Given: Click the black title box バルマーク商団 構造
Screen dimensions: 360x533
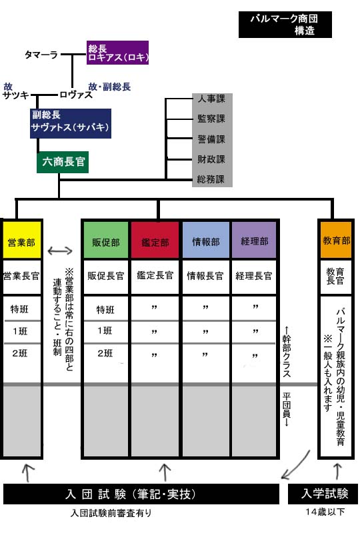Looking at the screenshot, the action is [285, 25].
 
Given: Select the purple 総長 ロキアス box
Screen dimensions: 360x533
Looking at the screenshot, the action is [117, 53].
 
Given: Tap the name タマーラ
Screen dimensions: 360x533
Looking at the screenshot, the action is [41, 55].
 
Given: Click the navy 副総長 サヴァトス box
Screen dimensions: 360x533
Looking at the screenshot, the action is [71, 123].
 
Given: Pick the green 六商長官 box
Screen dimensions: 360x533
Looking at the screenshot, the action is [63, 162].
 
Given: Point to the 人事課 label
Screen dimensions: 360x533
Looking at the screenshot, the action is [211, 99].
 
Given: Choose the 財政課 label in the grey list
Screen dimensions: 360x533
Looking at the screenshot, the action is [211, 159].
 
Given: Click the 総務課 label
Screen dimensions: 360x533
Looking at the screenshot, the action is [211, 179].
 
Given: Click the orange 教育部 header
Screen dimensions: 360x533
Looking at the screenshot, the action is [336, 240].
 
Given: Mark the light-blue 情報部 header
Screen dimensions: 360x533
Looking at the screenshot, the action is [206, 241].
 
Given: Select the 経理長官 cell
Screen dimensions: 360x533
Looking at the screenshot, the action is [254, 276].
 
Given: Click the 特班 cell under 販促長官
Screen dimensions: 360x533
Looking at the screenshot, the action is [105, 309].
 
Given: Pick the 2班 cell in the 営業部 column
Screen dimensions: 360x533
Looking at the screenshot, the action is [20, 354].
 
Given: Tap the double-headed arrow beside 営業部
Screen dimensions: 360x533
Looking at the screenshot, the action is [60, 251].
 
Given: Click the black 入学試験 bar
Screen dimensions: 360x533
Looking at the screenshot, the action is [323, 493].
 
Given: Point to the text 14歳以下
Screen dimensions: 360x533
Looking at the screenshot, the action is [325, 512].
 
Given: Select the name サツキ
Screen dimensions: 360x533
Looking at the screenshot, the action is [16, 95].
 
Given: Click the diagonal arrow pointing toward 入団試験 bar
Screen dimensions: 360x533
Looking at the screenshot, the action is [295, 465].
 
